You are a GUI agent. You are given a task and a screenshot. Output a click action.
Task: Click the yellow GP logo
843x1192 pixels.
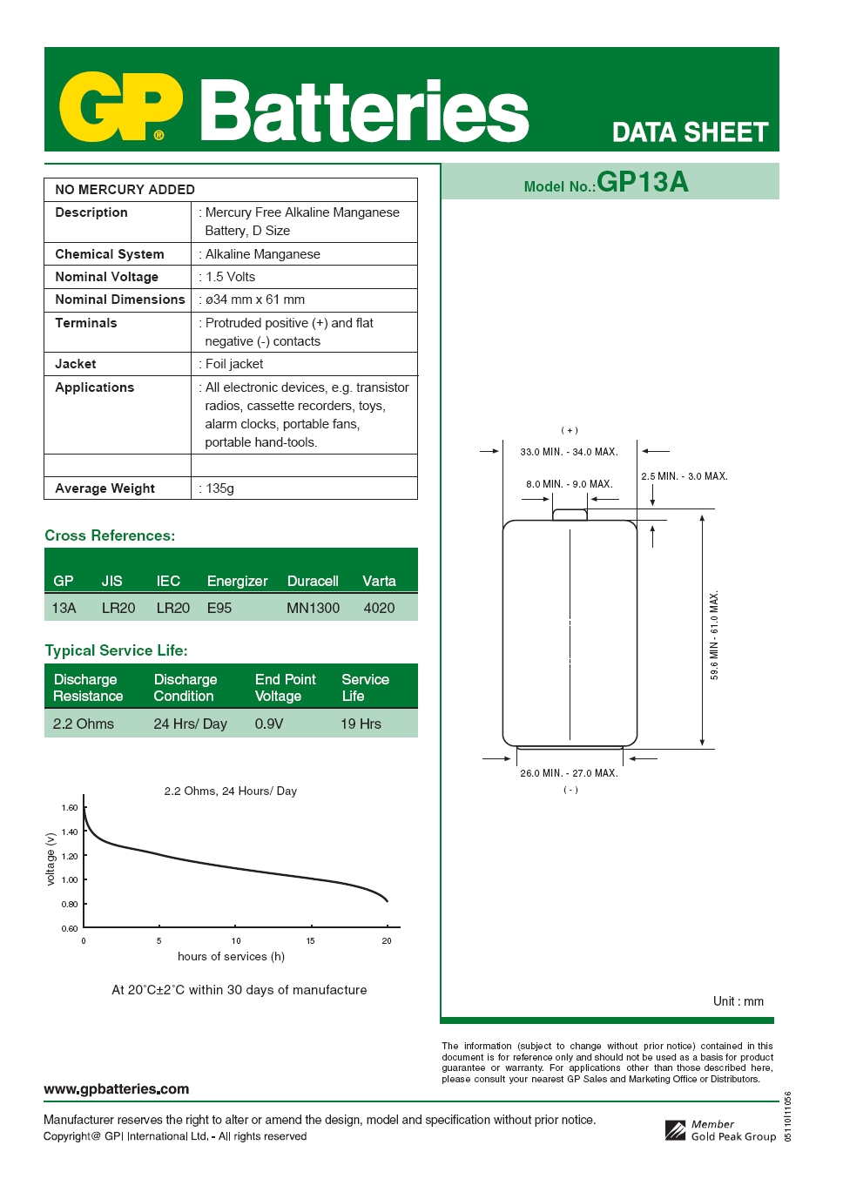click(120, 107)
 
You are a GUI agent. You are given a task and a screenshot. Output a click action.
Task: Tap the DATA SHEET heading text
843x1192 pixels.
click(690, 132)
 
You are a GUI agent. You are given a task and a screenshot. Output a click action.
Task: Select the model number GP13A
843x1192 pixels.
click(642, 182)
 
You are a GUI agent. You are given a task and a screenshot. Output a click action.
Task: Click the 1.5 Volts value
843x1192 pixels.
click(230, 277)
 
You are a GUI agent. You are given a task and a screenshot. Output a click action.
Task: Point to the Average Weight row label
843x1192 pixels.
click(105, 488)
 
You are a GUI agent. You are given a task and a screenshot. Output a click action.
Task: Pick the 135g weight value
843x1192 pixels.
click(219, 488)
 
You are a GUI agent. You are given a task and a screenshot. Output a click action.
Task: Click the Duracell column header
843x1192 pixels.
click(313, 581)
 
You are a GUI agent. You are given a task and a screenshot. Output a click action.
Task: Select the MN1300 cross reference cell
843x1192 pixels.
click(313, 608)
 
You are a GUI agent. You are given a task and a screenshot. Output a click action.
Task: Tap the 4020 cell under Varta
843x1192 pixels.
click(379, 608)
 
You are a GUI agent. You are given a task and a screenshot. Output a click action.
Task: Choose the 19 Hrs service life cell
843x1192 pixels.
click(361, 724)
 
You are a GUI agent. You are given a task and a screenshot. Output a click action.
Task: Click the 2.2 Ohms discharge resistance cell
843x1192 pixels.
click(83, 724)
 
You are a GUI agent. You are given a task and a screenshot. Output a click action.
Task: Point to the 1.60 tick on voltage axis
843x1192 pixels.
click(70, 808)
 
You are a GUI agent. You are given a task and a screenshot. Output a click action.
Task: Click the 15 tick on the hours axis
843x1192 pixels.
click(310, 941)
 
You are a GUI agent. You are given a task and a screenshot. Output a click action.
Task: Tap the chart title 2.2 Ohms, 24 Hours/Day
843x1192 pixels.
click(231, 791)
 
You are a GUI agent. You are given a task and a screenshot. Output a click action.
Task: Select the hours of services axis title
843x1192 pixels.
click(231, 956)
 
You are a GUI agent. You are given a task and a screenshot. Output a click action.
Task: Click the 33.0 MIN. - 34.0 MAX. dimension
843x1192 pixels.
click(569, 452)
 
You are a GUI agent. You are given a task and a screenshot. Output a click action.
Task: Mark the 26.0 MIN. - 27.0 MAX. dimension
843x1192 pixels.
click(569, 773)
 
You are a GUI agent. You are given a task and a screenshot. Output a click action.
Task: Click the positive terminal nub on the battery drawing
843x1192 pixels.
click(570, 515)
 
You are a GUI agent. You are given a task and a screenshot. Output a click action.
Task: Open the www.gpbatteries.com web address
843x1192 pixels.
click(116, 1089)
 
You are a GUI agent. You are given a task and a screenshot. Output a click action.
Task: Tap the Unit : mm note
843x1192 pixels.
click(738, 1001)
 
